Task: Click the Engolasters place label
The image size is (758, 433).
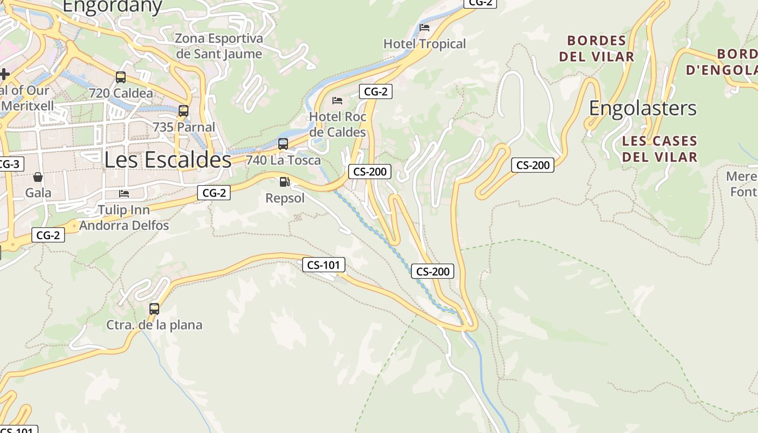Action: (643, 108)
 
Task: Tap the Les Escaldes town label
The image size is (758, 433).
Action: (168, 160)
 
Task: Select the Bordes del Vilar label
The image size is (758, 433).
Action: (597, 49)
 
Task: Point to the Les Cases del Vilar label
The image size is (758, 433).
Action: (659, 149)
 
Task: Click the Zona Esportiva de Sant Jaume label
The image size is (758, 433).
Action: (219, 46)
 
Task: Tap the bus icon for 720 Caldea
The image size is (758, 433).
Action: (121, 77)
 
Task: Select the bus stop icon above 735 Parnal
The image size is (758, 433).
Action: (184, 111)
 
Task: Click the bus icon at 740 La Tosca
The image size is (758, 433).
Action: (283, 144)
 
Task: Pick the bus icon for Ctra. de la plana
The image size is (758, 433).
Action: (154, 309)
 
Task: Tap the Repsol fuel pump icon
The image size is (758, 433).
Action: (285, 182)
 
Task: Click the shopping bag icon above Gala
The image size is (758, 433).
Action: (38, 176)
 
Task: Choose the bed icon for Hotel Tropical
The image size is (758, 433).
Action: (424, 28)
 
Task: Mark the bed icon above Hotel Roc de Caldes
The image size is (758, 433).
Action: (337, 101)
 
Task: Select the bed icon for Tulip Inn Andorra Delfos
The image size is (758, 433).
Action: (124, 193)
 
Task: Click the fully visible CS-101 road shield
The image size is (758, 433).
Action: (323, 265)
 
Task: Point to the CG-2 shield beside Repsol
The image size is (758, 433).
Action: (214, 192)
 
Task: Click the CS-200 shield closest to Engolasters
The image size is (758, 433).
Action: (533, 165)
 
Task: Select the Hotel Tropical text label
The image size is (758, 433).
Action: (424, 44)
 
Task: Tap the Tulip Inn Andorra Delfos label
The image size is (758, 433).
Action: (124, 217)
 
